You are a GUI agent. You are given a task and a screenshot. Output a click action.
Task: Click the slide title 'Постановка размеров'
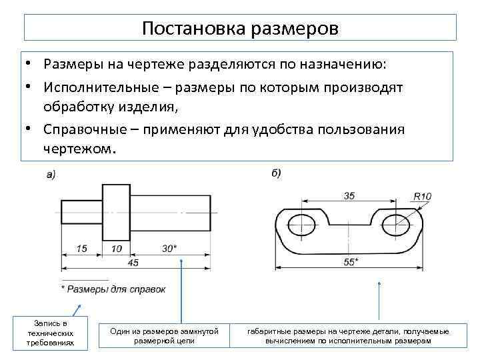[x=240, y=29]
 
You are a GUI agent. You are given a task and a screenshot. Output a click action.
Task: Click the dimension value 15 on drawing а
[x=81, y=248]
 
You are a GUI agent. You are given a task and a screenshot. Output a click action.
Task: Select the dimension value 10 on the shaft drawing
[x=117, y=248]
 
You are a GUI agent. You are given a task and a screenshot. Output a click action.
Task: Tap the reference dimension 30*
[x=169, y=248]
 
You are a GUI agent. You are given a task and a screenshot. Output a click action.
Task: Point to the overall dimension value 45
[x=133, y=263]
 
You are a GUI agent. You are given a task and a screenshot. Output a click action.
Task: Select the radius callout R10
[x=423, y=196]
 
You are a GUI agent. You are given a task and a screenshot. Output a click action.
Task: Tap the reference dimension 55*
[x=351, y=262]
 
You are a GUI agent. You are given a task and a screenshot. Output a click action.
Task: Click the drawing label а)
[x=51, y=175]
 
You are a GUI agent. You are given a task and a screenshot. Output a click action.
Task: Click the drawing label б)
[x=276, y=173]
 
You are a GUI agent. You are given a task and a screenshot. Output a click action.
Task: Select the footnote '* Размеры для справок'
[x=113, y=289]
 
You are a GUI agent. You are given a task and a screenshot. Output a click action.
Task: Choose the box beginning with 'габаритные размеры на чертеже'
[x=348, y=335]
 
